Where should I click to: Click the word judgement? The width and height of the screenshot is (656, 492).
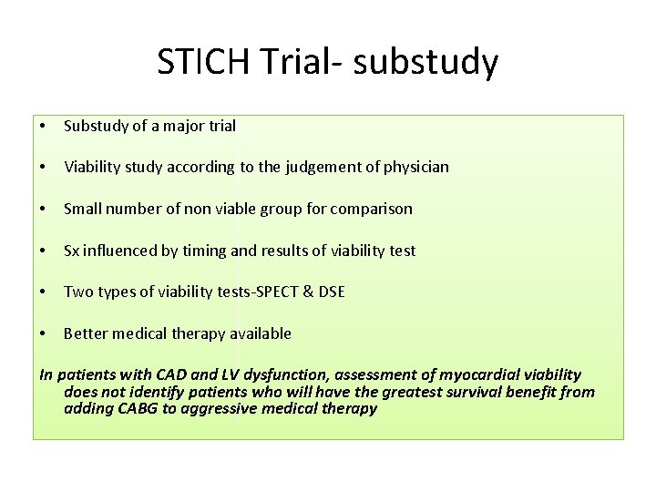coord(303,167)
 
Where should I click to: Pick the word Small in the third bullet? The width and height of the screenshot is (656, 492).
coord(83,209)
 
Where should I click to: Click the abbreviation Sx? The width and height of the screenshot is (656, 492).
coord(72,250)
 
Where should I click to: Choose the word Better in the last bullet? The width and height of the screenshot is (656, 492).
coord(85,333)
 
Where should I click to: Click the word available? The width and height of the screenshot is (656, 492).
coord(261,333)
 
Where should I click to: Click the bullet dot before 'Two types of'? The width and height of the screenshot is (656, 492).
coord(44,292)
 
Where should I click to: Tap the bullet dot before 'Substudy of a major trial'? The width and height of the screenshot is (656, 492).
coord(44,127)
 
